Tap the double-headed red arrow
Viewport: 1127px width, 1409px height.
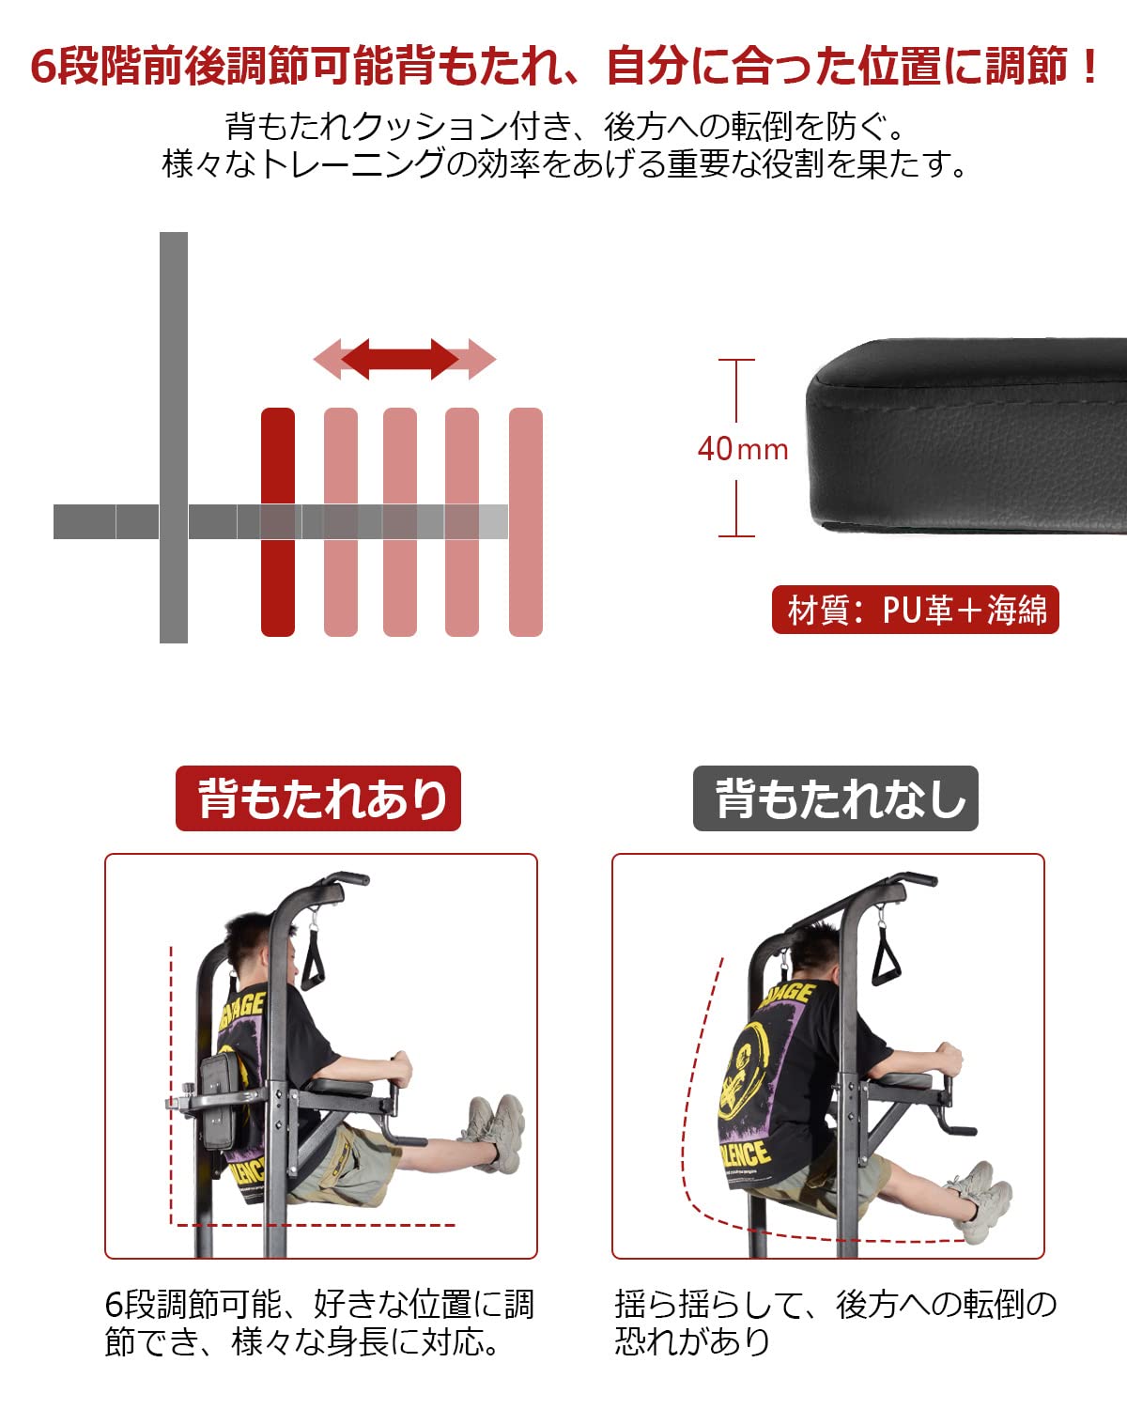pyautogui.click(x=404, y=359)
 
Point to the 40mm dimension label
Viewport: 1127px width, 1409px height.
pyautogui.click(x=742, y=449)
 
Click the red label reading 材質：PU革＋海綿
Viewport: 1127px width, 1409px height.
pyautogui.click(x=915, y=610)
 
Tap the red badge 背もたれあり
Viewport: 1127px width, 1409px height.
pyautogui.click(x=318, y=798)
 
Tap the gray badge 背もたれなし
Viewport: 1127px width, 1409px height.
pyautogui.click(x=835, y=798)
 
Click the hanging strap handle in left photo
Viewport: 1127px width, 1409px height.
pyautogui.click(x=313, y=958)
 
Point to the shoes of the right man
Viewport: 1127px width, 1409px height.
pyautogui.click(x=981, y=1198)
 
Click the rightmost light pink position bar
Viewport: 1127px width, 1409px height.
pyautogui.click(x=525, y=521)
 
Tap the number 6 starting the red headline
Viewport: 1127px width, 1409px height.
pyautogui.click(x=43, y=68)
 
